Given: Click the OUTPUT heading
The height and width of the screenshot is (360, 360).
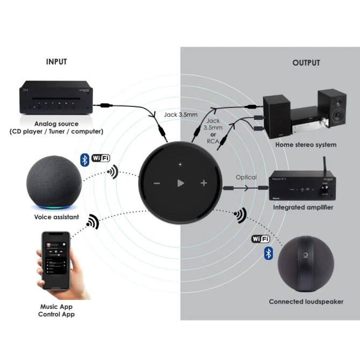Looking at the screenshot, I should [x=306, y=63].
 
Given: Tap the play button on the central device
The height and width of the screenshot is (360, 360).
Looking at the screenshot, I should [x=181, y=183].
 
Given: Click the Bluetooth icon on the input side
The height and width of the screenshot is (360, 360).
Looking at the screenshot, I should [x=84, y=159].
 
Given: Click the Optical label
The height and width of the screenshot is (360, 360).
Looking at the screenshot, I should [x=246, y=177].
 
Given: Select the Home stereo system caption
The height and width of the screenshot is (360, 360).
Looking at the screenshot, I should [x=306, y=145].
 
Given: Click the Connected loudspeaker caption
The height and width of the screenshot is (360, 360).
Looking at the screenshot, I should [x=306, y=302].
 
